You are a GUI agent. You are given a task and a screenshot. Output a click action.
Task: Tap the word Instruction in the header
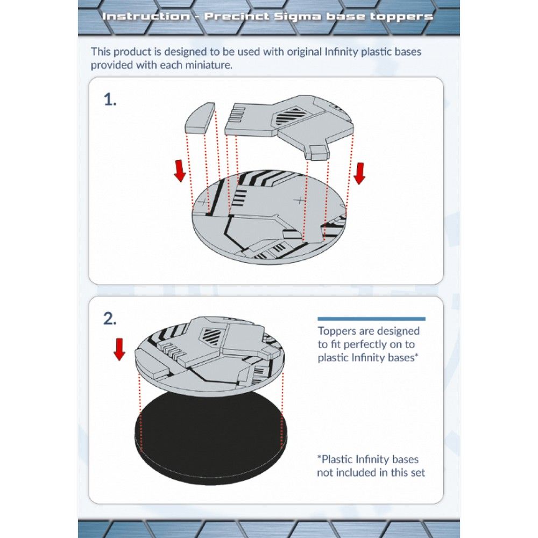coord(145,16)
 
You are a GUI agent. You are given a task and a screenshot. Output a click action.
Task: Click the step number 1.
coord(110,100)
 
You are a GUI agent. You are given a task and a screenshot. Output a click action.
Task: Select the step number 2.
coord(110,318)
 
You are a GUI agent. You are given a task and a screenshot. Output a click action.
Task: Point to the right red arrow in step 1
coord(360,172)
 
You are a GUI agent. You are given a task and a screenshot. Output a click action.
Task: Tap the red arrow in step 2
coord(119,350)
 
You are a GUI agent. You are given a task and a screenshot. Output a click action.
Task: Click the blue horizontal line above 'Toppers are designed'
coord(371,319)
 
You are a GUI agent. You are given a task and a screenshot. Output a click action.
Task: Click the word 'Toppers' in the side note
coord(337,331)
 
